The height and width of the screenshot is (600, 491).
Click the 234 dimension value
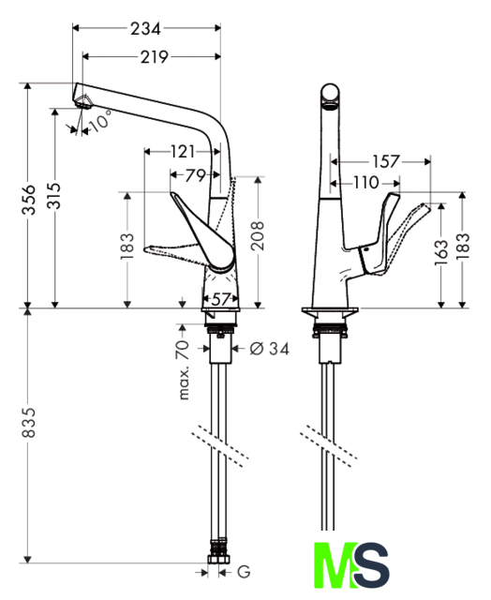pos(145,28)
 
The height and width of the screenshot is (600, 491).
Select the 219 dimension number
pos(154,57)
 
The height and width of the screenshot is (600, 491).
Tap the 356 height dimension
pos(29,200)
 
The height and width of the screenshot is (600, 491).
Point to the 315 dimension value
pos(54,196)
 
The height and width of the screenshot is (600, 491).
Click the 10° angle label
pos(101,121)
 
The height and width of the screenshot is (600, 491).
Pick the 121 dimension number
pos(183,152)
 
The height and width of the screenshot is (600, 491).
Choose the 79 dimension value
pos(196,175)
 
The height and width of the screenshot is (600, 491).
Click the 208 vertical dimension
pos(258,235)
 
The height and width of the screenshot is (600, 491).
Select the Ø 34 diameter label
pos(270,349)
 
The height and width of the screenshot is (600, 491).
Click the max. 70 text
pos(184,369)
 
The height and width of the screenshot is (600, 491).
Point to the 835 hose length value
pos(29,422)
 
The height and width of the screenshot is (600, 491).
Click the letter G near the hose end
pos(244,572)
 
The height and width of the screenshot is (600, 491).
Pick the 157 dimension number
pos(386,162)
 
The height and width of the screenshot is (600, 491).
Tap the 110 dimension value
pos(366,183)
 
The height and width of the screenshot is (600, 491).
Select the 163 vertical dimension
pos(441,252)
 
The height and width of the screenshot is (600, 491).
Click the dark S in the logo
pos(371,565)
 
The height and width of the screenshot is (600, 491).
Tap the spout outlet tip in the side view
pos(82,102)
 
